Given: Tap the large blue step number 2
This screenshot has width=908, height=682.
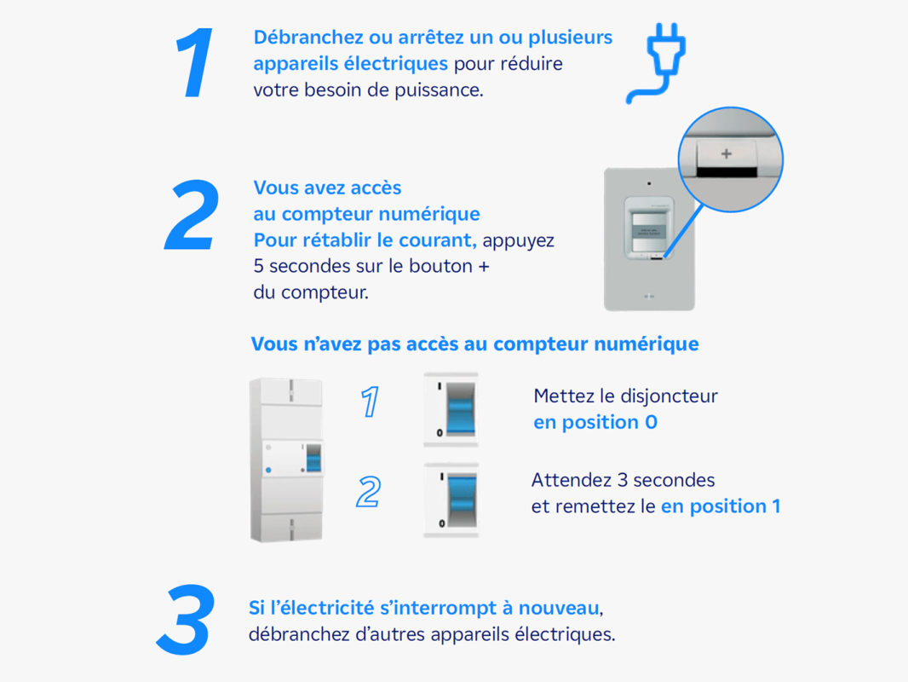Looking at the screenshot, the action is (x=193, y=214).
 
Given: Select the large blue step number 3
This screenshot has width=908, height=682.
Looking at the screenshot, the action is (x=186, y=620).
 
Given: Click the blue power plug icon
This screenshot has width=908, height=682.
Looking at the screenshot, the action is (x=657, y=62).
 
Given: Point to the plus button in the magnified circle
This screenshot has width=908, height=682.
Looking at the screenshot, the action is (x=727, y=154).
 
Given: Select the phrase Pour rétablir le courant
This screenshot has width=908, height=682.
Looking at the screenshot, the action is (x=365, y=240).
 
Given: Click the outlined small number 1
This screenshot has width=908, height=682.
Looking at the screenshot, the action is (x=370, y=402).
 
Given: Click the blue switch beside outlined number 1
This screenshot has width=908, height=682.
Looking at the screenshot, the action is (x=461, y=408).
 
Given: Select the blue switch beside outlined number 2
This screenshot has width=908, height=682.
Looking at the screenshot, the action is (x=463, y=500).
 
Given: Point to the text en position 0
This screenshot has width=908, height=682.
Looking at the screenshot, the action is (x=595, y=422).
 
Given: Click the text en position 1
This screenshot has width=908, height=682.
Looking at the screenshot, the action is (x=721, y=506).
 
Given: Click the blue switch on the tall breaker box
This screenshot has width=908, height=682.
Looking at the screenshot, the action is (x=313, y=459).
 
